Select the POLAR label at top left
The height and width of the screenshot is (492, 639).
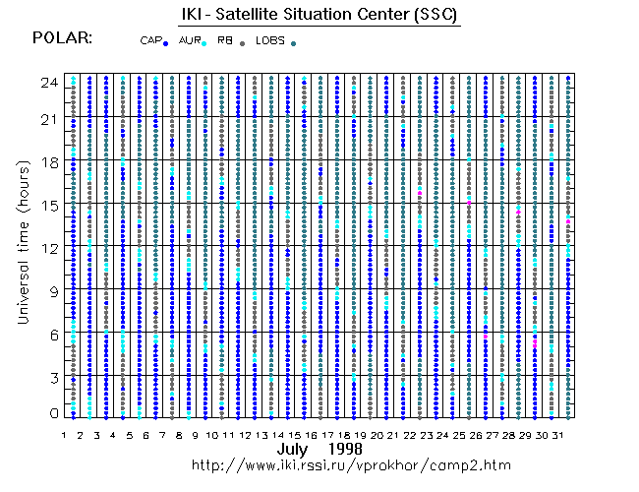63,37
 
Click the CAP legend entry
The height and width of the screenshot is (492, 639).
151,40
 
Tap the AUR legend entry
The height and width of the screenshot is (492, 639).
190,40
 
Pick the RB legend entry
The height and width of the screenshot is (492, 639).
225,40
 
